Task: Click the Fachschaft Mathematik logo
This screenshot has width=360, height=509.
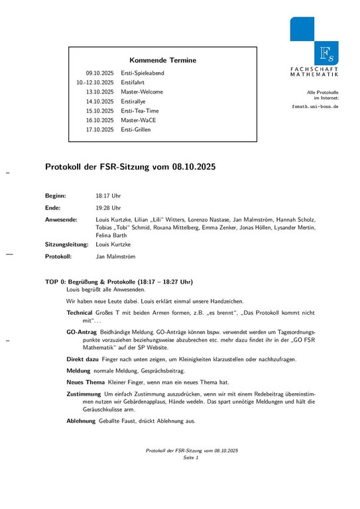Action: (314, 47)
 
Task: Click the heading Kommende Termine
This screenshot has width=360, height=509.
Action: (162, 60)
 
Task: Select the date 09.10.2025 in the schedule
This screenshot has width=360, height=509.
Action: (99, 73)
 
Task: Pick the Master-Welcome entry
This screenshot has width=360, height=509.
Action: (141, 91)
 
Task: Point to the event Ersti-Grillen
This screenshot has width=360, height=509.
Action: (135, 129)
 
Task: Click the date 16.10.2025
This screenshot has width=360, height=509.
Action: (99, 120)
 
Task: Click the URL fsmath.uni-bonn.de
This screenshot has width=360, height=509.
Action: (316, 106)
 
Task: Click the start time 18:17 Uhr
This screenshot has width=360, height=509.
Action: (109, 196)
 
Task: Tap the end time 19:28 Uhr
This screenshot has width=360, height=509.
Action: (109, 207)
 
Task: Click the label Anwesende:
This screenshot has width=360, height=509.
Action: (61, 219)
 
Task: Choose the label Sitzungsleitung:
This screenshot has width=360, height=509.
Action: (66, 245)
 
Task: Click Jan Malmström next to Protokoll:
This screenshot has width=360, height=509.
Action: (116, 256)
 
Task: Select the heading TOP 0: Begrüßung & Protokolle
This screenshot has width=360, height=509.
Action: (119, 282)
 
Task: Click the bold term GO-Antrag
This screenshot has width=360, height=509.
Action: (82, 330)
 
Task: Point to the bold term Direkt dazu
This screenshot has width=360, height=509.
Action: (83, 359)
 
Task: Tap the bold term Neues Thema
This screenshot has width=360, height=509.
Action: (86, 382)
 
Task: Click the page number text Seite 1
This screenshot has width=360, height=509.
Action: (191, 458)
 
